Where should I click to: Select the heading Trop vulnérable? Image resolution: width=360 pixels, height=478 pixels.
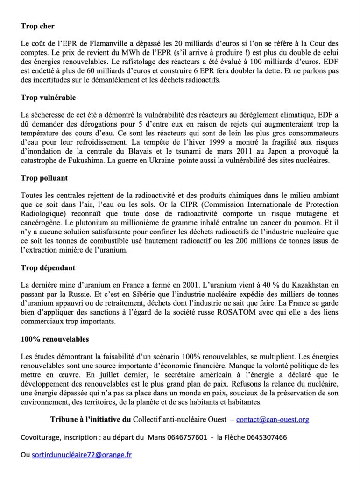point(48,98)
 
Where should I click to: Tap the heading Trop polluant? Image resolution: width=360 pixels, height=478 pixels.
point(44,178)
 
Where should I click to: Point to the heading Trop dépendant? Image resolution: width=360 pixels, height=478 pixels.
point(48,268)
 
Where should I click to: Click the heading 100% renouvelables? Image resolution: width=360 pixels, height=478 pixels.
point(55,339)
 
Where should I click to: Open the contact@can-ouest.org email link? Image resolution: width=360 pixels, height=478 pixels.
point(273,420)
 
